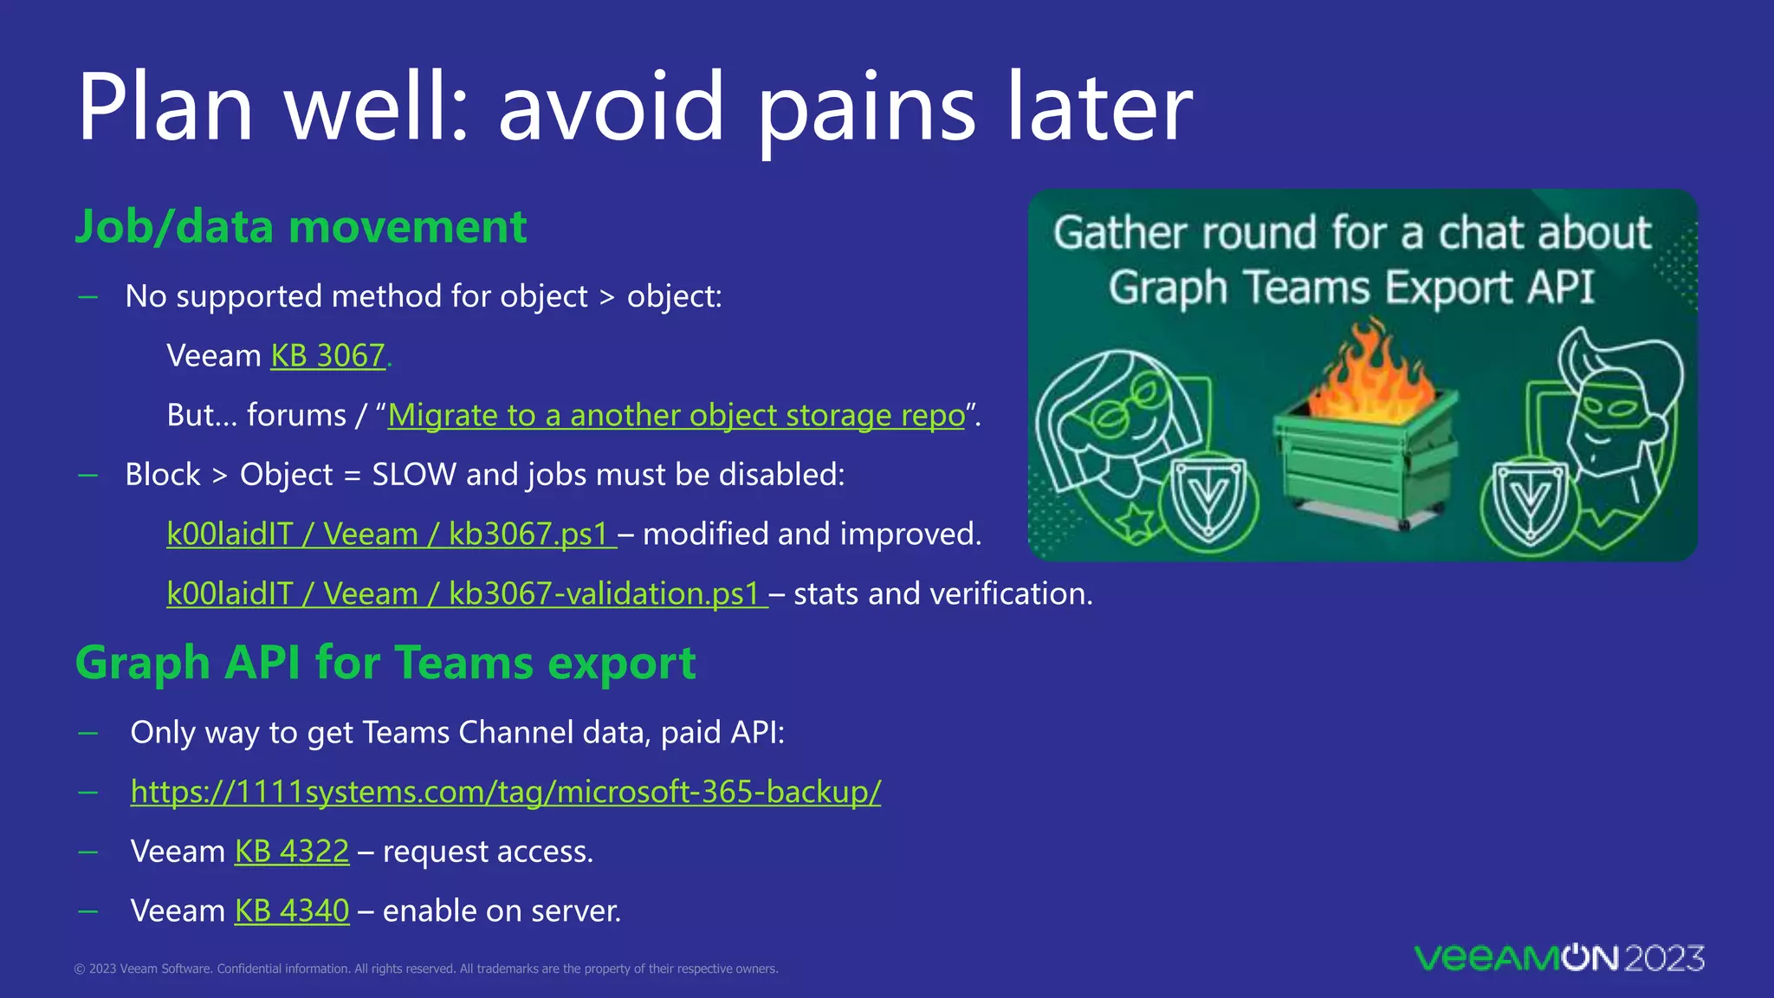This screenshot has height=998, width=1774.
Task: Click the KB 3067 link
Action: point(327,356)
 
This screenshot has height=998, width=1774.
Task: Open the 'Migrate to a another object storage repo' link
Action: point(676,416)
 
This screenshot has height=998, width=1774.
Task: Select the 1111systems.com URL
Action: point(505,792)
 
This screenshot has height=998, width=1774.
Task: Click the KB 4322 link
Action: point(292,852)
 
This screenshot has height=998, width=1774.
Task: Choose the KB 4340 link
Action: point(292,911)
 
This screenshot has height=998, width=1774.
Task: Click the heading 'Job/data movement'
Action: point(301,227)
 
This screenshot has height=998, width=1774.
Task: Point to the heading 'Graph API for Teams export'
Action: point(385,664)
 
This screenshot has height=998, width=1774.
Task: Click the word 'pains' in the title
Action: point(866,108)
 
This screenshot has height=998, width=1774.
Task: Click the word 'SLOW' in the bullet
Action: point(413,475)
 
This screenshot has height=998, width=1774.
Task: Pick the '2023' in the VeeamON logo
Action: point(1663,958)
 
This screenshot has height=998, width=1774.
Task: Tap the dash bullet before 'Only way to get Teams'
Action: point(87,733)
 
